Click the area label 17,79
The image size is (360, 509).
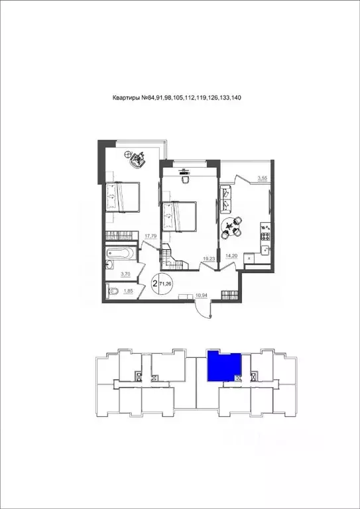[x=150, y=235]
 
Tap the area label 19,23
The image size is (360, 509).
[x=208, y=259]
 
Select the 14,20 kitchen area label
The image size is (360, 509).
[x=231, y=255]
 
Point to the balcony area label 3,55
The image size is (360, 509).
[x=263, y=178]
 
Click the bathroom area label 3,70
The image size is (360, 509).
[x=125, y=273]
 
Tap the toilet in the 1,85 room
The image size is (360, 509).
[x=113, y=291]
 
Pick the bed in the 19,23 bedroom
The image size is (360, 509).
[x=181, y=215]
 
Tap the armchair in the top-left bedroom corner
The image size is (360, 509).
[x=139, y=158]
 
